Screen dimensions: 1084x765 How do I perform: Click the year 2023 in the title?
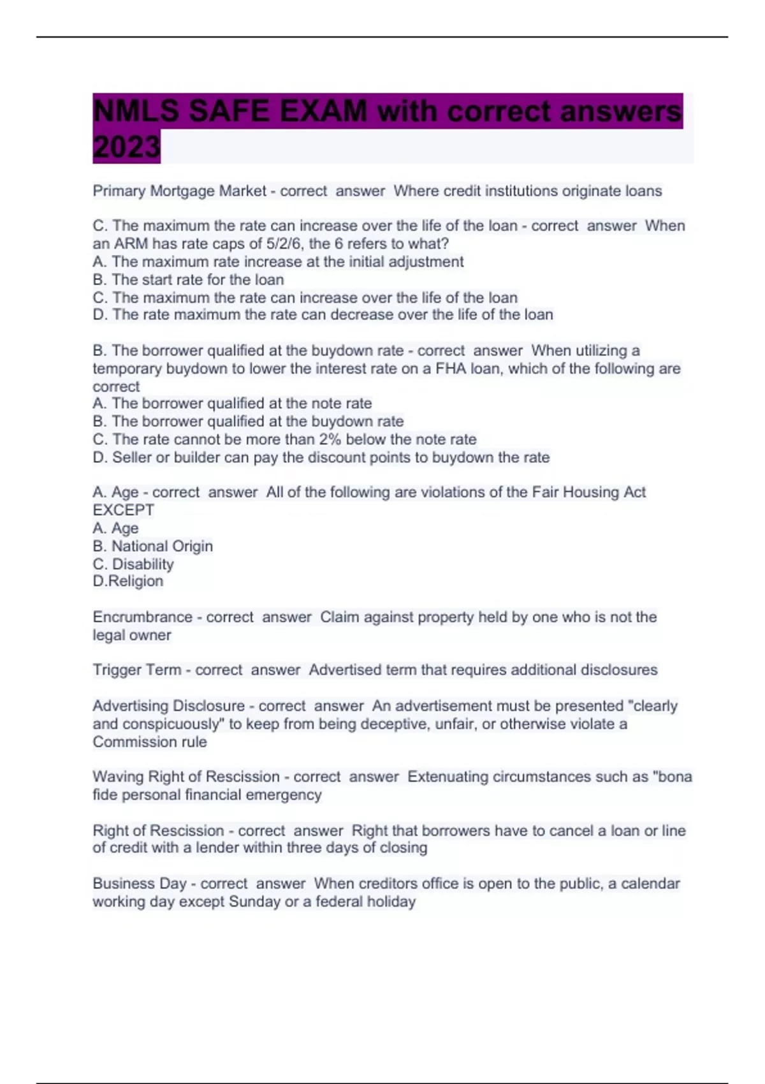tap(126, 147)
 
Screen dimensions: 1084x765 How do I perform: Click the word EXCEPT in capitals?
tap(124, 510)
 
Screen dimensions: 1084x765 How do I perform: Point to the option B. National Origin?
tap(153, 546)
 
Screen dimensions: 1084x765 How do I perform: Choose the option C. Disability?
tap(133, 564)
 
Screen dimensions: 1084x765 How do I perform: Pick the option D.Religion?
tap(128, 581)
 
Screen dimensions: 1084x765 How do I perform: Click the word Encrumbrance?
tap(142, 617)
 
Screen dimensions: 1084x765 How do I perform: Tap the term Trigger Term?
tap(136, 670)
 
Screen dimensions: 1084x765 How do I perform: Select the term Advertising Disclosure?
tap(168, 706)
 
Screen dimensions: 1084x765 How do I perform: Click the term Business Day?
tap(139, 884)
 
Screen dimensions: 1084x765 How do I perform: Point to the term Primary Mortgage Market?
tap(179, 191)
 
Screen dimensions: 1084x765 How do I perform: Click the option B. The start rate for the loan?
tap(188, 279)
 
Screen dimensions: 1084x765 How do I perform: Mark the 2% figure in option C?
tap(332, 439)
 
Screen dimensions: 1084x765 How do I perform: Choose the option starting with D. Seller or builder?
tap(321, 457)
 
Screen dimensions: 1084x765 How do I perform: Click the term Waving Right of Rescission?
tap(186, 777)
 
